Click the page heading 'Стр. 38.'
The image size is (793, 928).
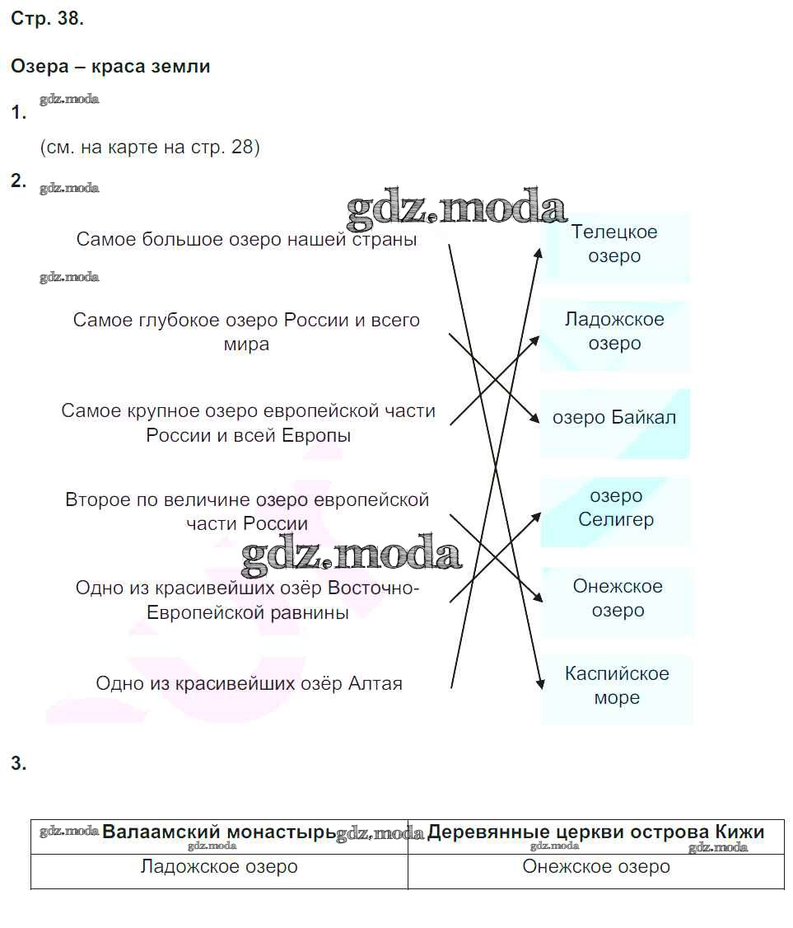tap(47, 20)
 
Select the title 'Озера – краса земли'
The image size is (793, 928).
tap(110, 67)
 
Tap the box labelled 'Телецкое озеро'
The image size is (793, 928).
tap(614, 245)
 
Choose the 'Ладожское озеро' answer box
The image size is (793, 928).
tap(614, 331)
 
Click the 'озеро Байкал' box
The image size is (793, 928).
tap(614, 418)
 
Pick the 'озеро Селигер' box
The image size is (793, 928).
tap(615, 508)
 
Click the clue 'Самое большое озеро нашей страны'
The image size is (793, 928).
tap(246, 240)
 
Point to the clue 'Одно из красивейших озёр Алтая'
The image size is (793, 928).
tap(249, 684)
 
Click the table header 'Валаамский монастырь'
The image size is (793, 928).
tap(219, 832)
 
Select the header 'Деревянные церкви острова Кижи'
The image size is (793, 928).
tap(595, 832)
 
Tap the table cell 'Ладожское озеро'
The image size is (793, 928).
tap(219, 867)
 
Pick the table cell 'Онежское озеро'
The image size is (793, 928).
tap(595, 867)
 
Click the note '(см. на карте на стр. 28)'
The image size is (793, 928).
tap(149, 148)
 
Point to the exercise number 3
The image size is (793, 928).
tap(19, 764)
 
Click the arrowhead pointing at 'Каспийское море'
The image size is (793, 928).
tap(540, 683)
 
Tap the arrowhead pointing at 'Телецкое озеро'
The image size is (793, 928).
tap(539, 252)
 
